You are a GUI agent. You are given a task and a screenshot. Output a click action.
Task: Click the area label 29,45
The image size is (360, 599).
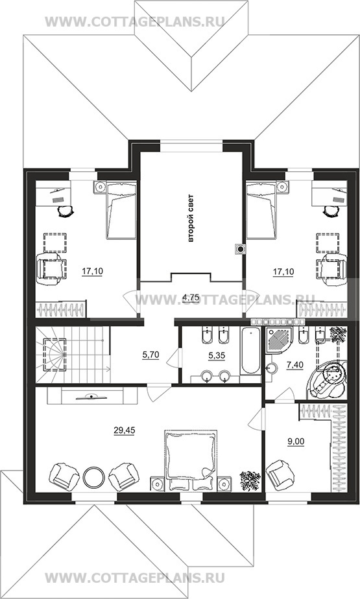(124, 430)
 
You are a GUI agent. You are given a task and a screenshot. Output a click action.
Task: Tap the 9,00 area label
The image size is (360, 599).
(295, 441)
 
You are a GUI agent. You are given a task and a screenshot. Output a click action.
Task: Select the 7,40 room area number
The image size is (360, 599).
(294, 365)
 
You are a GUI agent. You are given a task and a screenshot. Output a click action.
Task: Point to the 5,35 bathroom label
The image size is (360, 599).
(217, 355)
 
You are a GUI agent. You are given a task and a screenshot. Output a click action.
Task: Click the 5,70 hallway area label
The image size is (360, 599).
(150, 355)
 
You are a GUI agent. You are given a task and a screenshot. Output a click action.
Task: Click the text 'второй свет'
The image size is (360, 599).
(191, 219)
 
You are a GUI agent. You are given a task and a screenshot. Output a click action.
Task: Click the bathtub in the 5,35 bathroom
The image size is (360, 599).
(250, 351)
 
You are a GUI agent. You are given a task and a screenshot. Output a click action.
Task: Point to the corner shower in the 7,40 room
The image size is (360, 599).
(280, 340)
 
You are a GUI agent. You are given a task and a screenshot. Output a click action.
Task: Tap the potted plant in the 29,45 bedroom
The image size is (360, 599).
(250, 480)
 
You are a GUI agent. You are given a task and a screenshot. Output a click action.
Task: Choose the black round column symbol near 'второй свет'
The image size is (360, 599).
(241, 250)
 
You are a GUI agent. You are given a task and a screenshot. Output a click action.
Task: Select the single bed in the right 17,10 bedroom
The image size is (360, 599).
(261, 211)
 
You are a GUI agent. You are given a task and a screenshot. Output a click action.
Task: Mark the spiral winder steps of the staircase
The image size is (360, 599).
(54, 355)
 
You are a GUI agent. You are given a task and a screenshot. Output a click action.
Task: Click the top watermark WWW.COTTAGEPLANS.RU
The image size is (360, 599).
(134, 21)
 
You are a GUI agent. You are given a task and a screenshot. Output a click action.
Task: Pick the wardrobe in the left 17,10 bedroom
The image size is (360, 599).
(61, 309)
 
